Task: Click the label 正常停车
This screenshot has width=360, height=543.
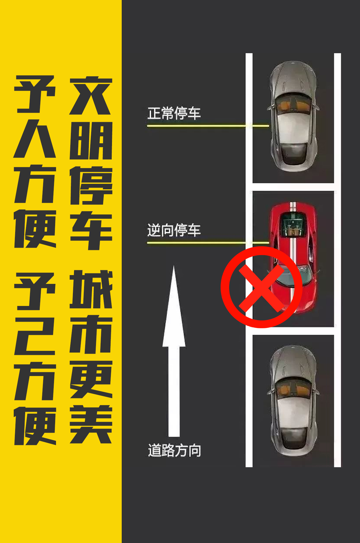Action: [x=174, y=113]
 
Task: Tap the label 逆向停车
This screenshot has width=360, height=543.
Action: [x=174, y=230]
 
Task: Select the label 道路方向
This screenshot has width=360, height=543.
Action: [x=175, y=450]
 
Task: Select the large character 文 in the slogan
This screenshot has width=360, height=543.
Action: [x=91, y=96]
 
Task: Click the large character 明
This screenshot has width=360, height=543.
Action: [x=91, y=141]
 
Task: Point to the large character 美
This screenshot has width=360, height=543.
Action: [x=91, y=424]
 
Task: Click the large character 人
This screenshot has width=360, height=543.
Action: [x=35, y=138]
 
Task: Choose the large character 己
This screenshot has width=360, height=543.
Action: [x=35, y=336]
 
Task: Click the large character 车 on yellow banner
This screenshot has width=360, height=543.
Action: [x=91, y=230]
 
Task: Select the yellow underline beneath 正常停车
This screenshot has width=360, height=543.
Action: [x=208, y=126]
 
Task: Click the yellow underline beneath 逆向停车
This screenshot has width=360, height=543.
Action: [x=208, y=243]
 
